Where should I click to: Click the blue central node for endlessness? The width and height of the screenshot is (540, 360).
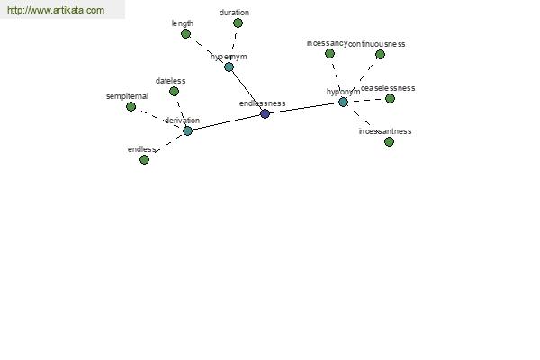[x=265, y=113]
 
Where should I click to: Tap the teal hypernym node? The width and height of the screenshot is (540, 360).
[x=229, y=67]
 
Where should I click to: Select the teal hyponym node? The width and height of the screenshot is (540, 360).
[x=343, y=102]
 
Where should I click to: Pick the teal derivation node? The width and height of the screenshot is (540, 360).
[x=187, y=130]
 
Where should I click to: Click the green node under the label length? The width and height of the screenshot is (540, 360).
[x=185, y=33]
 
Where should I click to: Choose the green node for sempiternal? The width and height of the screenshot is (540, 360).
[x=130, y=106]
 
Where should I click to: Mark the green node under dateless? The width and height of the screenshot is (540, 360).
[x=174, y=91]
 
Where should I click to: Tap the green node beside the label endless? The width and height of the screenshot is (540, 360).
[x=144, y=159]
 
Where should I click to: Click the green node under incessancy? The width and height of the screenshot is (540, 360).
[x=329, y=53]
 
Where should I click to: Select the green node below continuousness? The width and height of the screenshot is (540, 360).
[x=380, y=54]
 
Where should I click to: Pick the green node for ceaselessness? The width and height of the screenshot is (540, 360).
[x=390, y=98]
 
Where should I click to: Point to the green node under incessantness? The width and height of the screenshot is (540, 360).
[x=389, y=141]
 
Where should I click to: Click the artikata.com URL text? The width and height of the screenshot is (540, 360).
[x=56, y=11]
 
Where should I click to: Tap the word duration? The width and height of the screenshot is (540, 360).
[x=234, y=13]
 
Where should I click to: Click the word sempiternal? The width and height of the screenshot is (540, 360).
[x=127, y=95]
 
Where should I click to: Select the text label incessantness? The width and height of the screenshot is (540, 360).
[x=385, y=131]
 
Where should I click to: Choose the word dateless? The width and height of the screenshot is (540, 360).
[x=170, y=81]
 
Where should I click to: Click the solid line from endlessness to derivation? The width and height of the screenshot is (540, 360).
[x=226, y=122]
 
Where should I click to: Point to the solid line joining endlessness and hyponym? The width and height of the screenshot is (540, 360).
[x=304, y=108]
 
